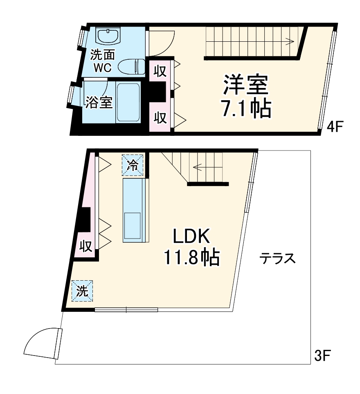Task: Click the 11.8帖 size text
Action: [191, 258]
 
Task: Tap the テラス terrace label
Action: [278, 259]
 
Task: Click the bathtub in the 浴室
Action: [128, 102]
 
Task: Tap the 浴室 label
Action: [99, 103]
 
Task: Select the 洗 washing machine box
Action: [82, 291]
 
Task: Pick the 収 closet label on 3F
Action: [85, 247]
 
